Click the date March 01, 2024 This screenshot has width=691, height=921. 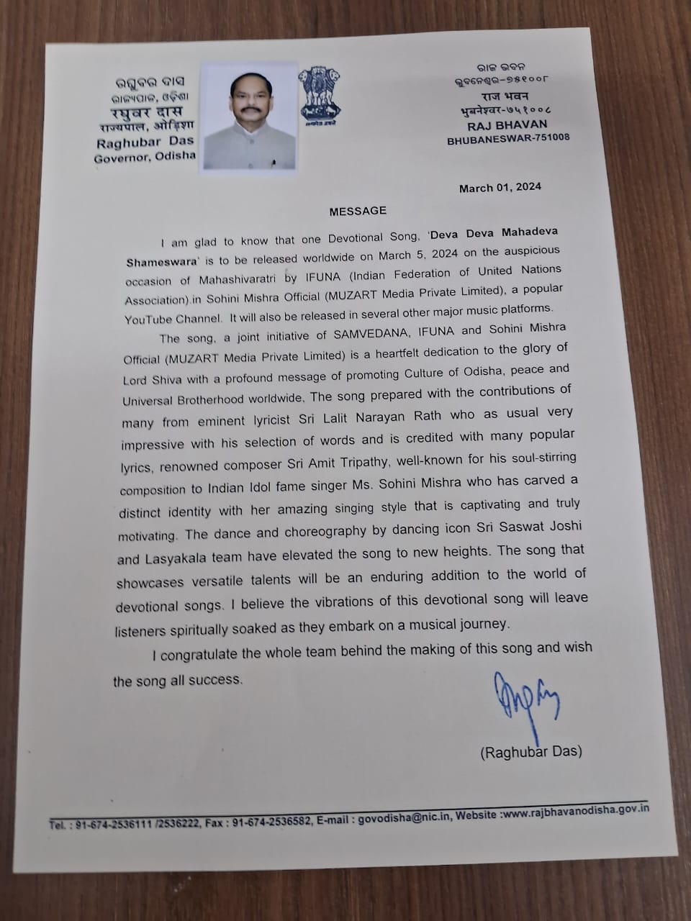click(500, 188)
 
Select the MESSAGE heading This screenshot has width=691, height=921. click(358, 211)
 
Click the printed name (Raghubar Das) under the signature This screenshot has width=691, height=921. click(531, 753)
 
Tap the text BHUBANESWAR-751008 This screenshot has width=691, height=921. click(508, 138)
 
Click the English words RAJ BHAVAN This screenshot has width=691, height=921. click(507, 124)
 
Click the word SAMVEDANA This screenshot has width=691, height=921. click(361, 333)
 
